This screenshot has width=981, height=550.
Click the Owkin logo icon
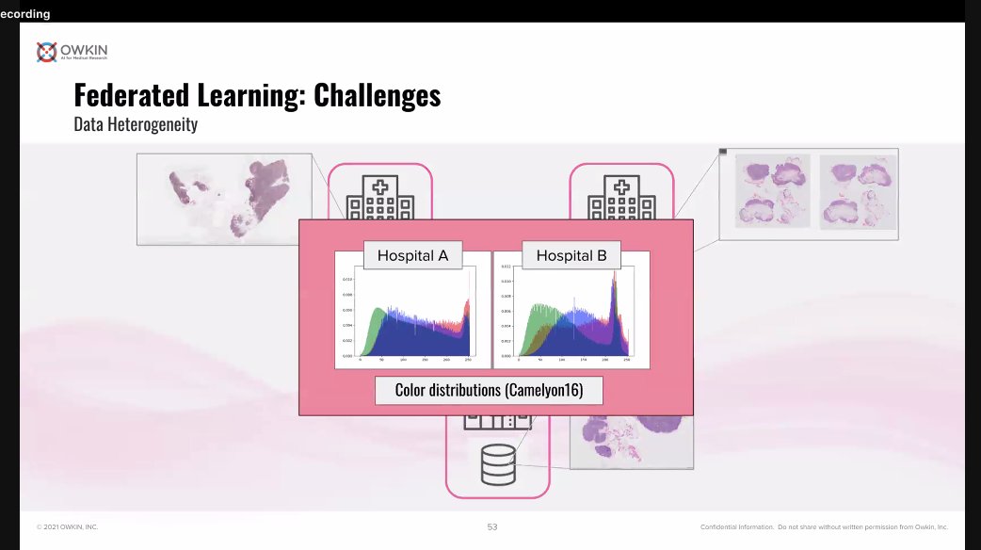click(x=46, y=52)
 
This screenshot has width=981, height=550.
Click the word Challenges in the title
click(x=377, y=95)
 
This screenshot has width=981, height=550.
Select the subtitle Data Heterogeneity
click(x=135, y=124)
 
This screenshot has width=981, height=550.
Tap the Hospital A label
click(x=412, y=255)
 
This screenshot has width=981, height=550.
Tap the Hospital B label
click(x=571, y=255)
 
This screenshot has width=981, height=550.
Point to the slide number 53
click(x=492, y=526)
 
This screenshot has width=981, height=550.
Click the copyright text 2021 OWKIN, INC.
click(x=67, y=526)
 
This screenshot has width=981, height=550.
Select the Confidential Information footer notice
click(x=824, y=526)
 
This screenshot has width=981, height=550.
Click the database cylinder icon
click(x=497, y=462)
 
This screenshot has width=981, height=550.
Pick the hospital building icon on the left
click(x=379, y=197)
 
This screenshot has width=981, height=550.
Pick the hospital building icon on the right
click(x=620, y=197)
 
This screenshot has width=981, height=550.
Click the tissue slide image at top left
click(x=223, y=199)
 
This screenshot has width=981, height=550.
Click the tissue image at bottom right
click(x=631, y=443)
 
